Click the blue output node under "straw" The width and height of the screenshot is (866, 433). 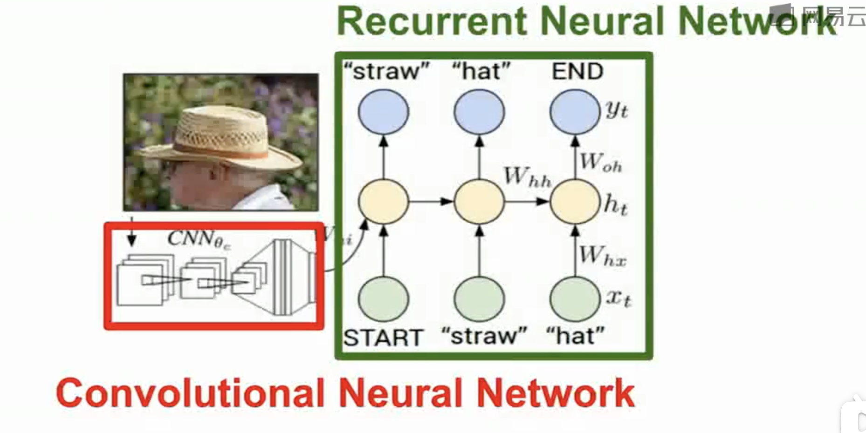(x=383, y=112)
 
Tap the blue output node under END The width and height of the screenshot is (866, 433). (x=575, y=112)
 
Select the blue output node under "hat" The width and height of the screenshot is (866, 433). (x=479, y=112)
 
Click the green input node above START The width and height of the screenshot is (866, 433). (x=383, y=299)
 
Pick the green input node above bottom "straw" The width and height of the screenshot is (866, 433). (x=479, y=299)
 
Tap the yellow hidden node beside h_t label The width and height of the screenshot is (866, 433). (x=575, y=202)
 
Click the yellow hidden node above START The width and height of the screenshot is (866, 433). (x=383, y=202)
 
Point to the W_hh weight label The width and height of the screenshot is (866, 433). (x=527, y=177)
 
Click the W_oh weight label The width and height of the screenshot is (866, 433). (x=601, y=163)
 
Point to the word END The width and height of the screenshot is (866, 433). (x=577, y=72)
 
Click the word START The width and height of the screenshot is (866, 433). (x=383, y=338)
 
